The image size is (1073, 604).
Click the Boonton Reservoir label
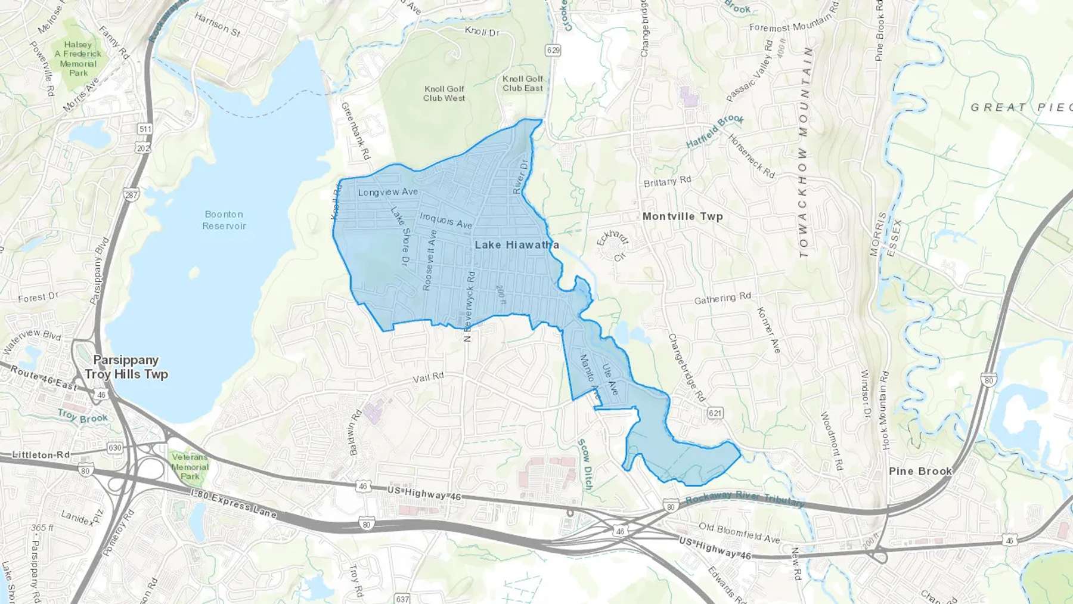(224, 220)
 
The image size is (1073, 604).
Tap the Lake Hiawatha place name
(516, 245)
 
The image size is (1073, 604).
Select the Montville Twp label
(682, 216)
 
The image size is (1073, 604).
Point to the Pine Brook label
(920, 471)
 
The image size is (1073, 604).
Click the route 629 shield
(553, 50)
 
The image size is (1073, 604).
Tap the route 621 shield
(715, 413)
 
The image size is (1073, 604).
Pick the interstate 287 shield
(131, 195)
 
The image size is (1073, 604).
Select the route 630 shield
(114, 448)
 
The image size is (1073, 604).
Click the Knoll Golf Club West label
(444, 94)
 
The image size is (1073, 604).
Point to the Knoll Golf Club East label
(523, 83)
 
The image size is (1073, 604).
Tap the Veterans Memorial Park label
(190, 467)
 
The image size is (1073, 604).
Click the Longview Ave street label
(388, 192)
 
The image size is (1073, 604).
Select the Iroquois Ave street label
(446, 220)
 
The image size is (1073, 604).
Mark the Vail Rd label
(429, 377)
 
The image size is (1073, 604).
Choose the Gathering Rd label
(722, 298)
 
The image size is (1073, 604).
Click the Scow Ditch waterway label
(585, 464)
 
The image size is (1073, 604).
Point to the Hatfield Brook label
(715, 131)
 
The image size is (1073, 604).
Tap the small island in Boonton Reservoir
(194, 273)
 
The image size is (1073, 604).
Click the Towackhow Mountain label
(804, 152)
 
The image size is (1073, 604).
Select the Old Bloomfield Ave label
(739, 533)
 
